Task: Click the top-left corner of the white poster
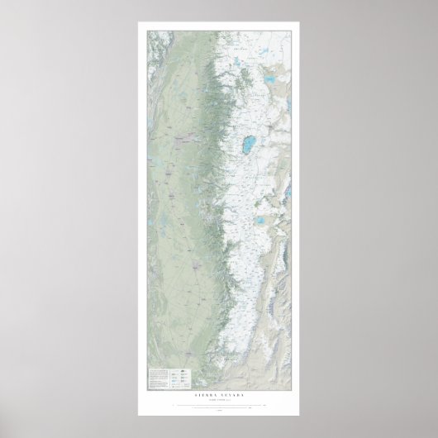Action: tap(139, 22)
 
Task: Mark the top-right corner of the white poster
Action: tap(299, 22)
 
